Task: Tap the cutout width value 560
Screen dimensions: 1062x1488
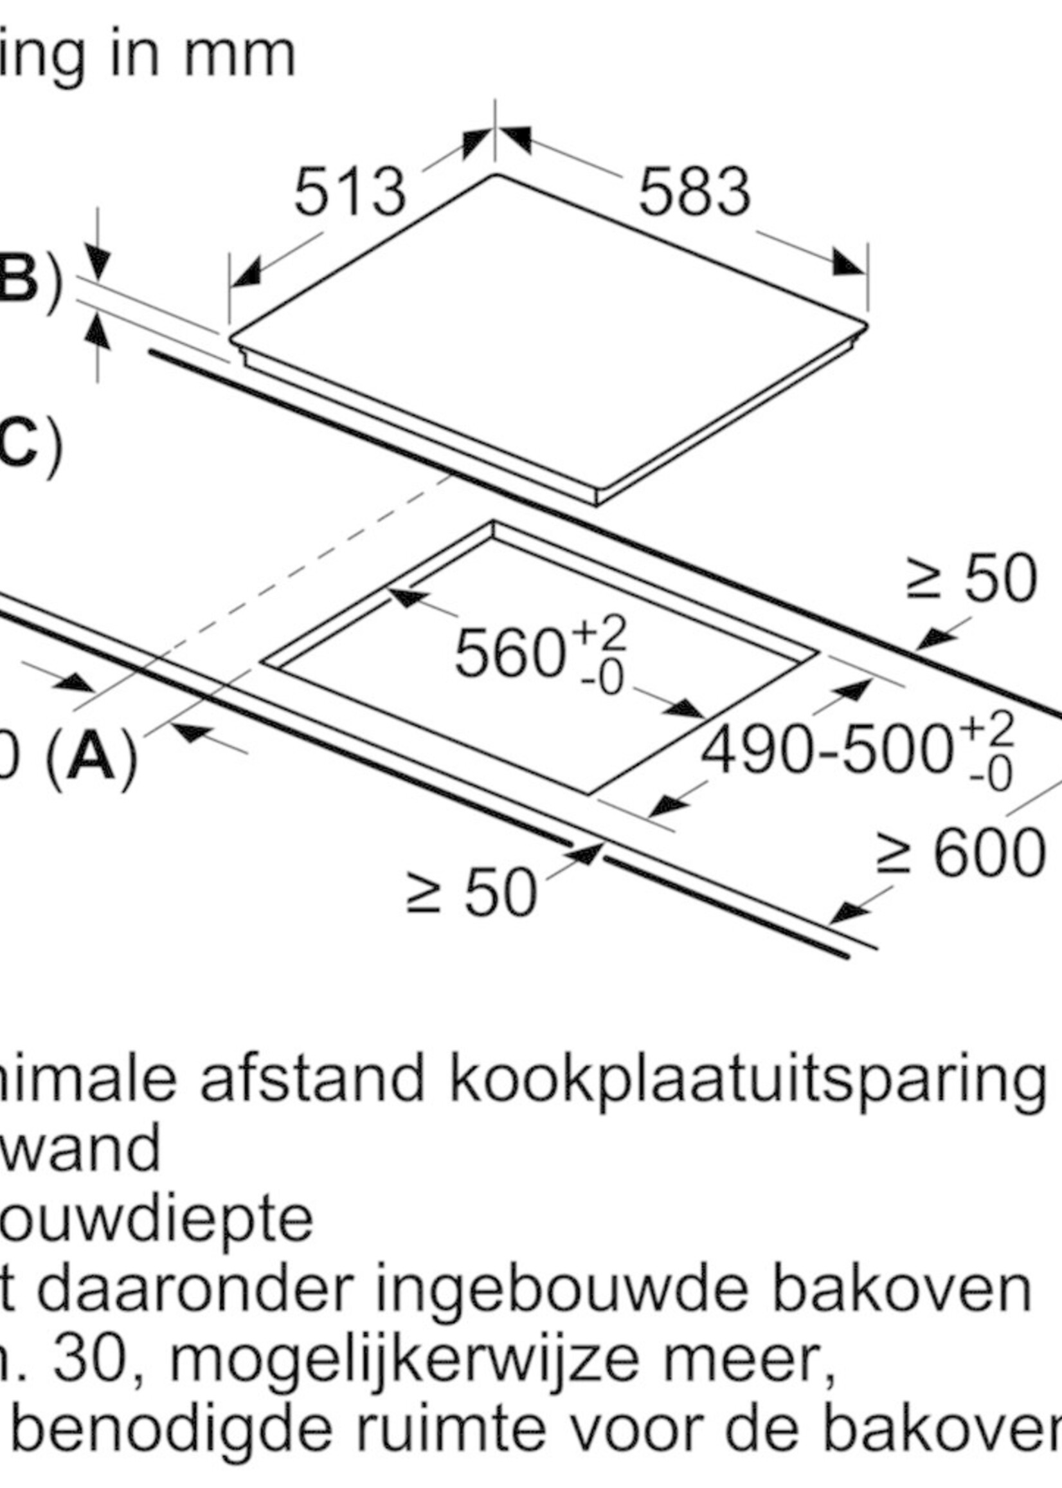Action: pos(509,653)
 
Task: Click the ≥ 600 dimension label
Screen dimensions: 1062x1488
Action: pos(960,853)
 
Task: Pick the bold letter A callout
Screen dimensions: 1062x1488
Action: pos(91,758)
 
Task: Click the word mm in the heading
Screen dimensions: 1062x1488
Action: pos(239,57)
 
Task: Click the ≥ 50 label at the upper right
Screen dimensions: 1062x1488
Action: pos(972,578)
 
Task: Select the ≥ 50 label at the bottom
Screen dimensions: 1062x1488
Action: pos(471,892)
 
